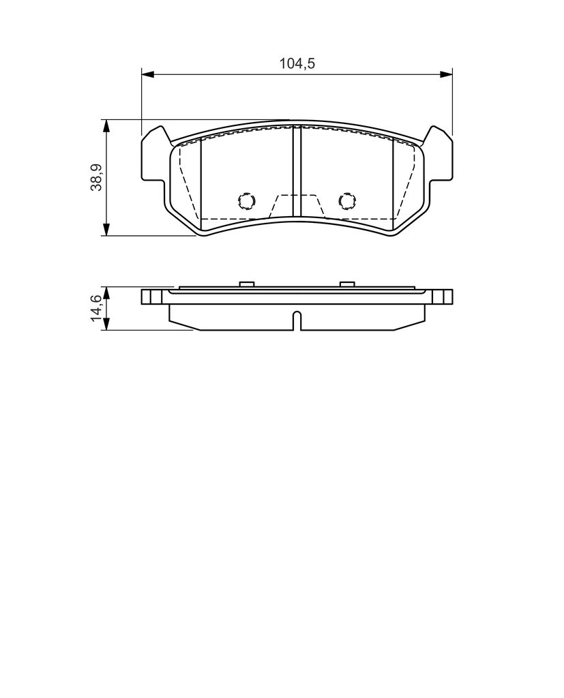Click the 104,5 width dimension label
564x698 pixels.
(297, 63)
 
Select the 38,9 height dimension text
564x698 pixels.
(96, 177)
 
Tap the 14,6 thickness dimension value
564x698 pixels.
(96, 308)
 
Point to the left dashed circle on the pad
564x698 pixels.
(246, 201)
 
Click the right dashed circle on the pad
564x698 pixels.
(347, 201)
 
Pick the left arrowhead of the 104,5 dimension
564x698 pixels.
(148, 74)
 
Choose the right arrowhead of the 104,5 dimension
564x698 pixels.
(446, 74)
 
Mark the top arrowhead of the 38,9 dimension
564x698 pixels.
(106, 126)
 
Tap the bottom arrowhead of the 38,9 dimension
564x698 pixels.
(106, 229)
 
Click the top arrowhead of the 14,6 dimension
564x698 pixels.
(106, 293)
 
